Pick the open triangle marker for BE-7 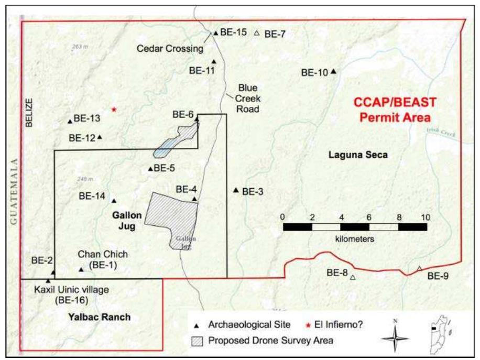click(256, 34)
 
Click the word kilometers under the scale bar click(355, 238)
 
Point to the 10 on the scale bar click(425, 217)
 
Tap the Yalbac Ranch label click(99, 317)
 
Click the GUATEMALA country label click(14, 192)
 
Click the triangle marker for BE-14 click(114, 200)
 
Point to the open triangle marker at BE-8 click(353, 277)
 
